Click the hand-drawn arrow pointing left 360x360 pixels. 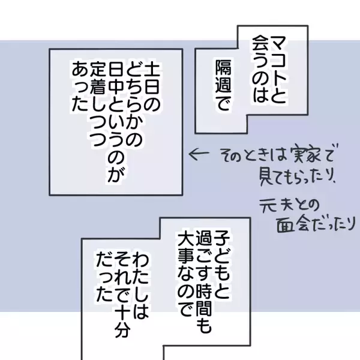199,154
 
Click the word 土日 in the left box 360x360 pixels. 151,77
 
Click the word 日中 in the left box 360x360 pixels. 116,77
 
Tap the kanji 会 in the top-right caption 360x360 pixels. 260,44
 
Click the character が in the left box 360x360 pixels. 116,175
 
